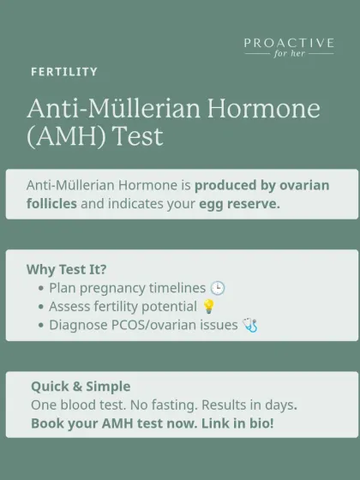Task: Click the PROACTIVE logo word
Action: point(289,42)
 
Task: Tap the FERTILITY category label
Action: point(64,72)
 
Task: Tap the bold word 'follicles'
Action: point(51,204)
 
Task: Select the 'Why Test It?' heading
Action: point(67,269)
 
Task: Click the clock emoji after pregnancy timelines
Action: point(218,288)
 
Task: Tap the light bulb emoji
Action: point(208,307)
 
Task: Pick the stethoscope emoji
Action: point(250,326)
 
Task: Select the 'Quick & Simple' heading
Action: point(81,387)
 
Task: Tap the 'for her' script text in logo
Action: point(289,54)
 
